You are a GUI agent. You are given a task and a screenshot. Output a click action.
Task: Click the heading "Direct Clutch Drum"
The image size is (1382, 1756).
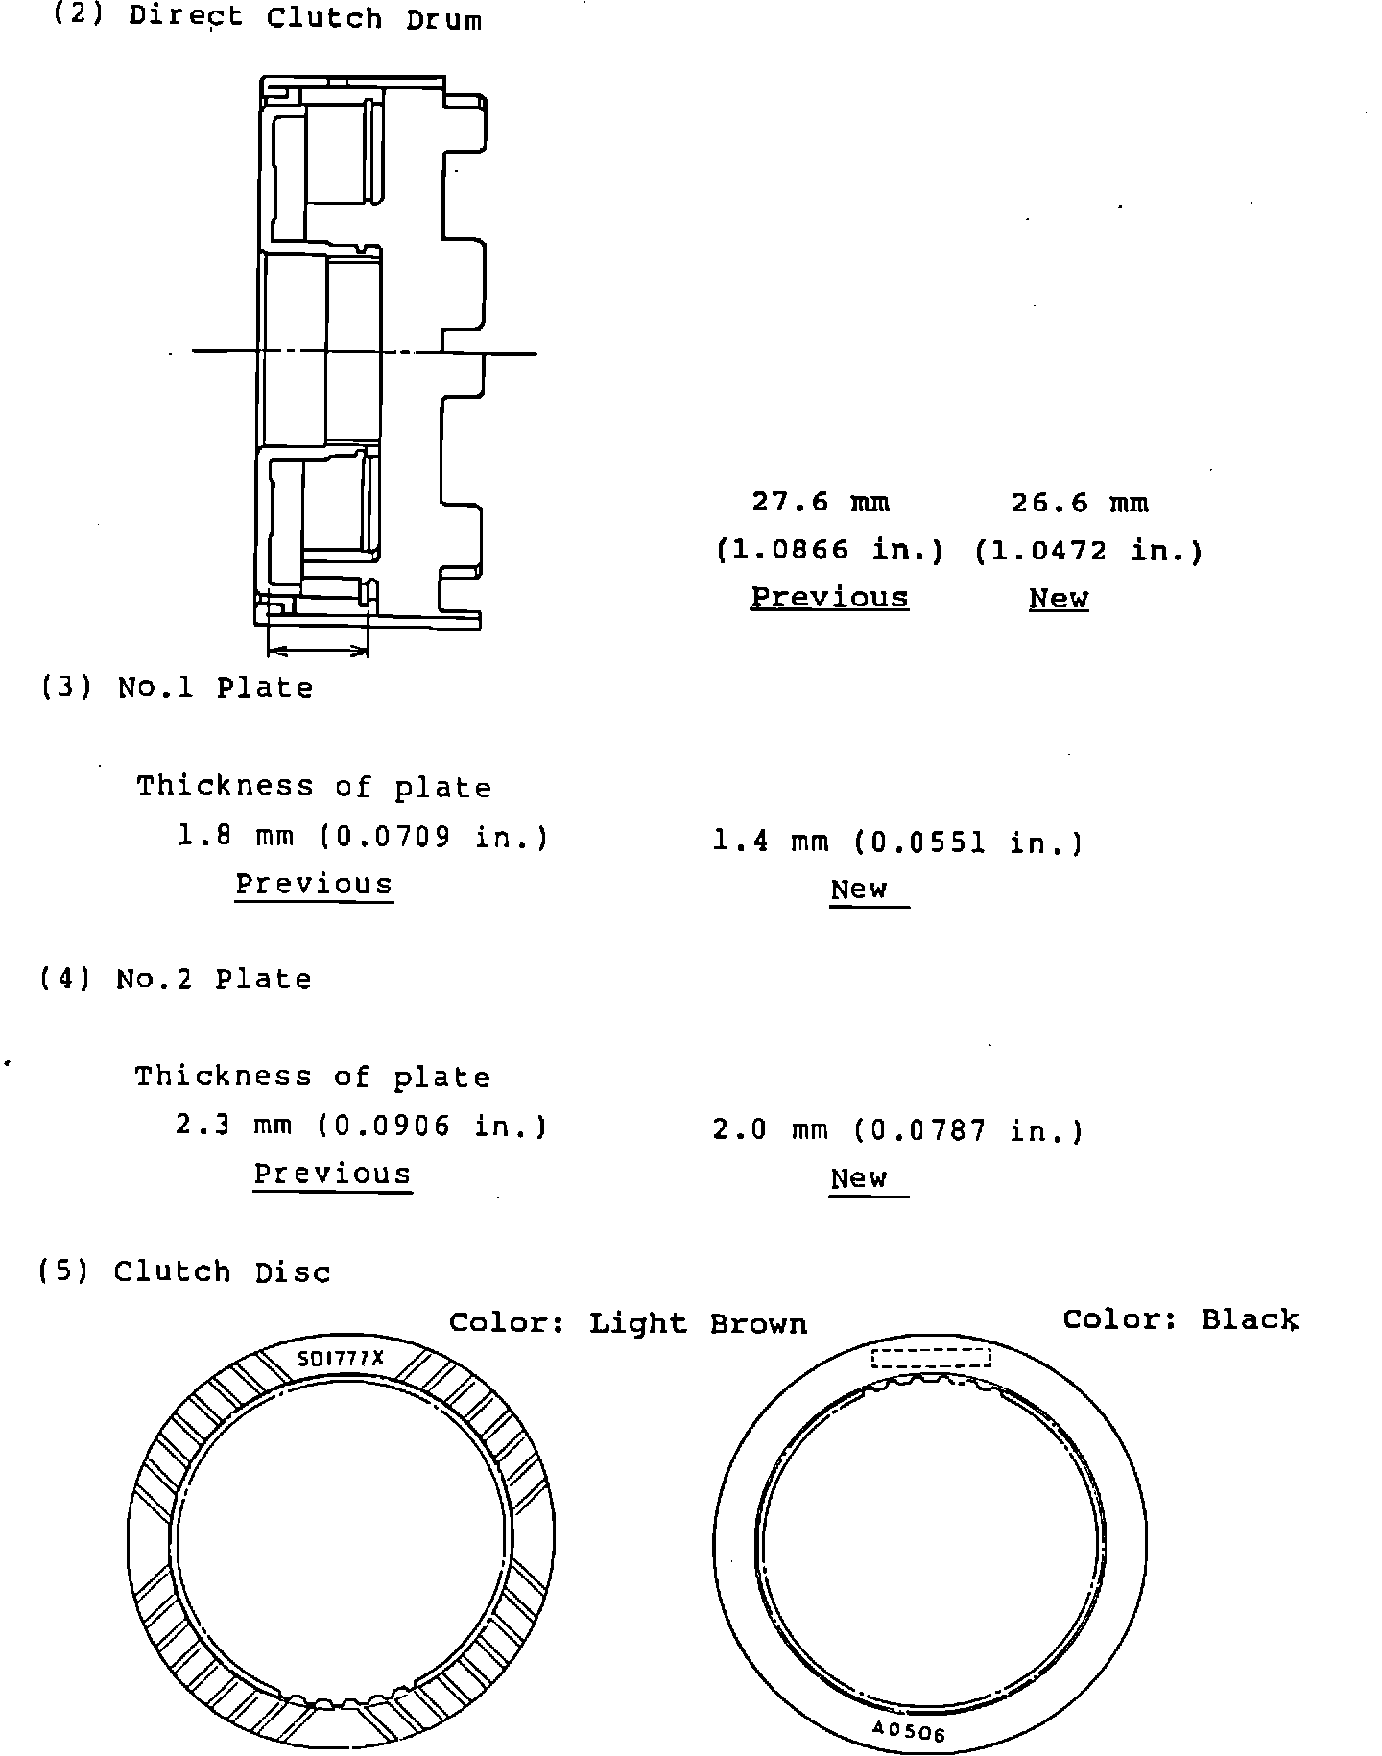304,18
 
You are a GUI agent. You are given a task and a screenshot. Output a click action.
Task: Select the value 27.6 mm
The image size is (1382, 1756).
821,502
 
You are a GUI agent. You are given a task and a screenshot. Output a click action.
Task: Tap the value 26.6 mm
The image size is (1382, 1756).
1080,503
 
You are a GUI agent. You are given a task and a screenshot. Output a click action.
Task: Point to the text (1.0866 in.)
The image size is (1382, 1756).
831,550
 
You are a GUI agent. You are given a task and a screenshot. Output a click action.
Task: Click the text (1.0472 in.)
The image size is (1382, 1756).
1088,551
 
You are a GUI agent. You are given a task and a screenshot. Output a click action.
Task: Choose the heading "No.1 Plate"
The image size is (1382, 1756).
215,688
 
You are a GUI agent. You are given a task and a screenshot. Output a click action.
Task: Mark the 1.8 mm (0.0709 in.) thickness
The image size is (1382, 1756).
363,838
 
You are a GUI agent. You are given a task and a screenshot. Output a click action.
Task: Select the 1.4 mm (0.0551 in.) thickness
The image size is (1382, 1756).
898,842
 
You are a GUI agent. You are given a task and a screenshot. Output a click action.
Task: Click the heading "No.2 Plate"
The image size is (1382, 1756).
214,979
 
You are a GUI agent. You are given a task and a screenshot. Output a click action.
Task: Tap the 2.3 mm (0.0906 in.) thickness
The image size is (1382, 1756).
362,1126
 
